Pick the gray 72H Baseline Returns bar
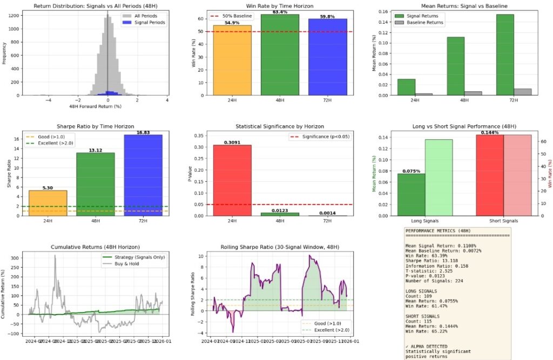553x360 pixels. [523, 92]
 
